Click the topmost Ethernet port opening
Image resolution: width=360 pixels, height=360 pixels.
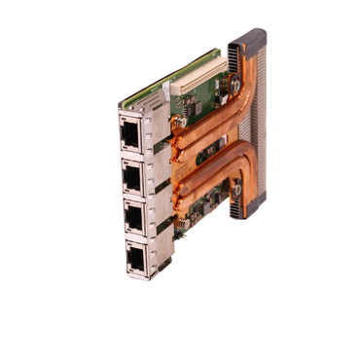pyautogui.click(x=128, y=132)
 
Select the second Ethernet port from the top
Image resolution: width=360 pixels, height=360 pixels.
pyautogui.click(x=131, y=175)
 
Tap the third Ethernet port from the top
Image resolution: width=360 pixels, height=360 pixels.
pyautogui.click(x=133, y=216)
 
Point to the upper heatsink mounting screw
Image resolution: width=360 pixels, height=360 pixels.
pyautogui.click(x=235, y=87)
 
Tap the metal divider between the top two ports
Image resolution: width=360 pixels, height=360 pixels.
pyautogui.click(x=131, y=154)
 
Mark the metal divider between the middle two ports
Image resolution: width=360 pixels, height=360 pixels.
pyautogui.click(x=133, y=196)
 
